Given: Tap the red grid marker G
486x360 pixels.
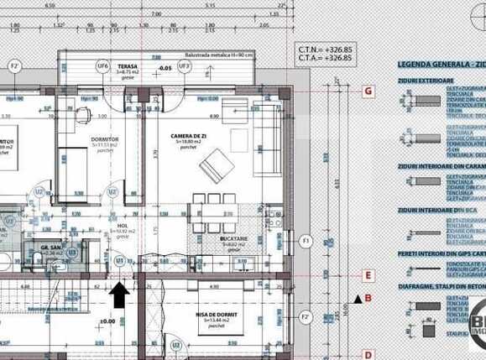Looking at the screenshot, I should pos(368,90).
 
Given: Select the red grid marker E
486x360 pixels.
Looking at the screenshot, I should pos(368,274).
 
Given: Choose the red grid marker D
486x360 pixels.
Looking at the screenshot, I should pos(368,354).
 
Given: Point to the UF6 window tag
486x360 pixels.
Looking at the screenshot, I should pos(102,65).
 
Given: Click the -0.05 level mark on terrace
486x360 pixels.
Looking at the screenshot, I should pos(165,67).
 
